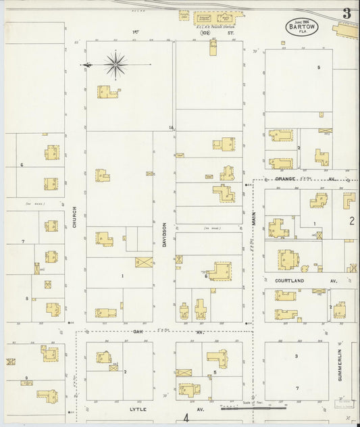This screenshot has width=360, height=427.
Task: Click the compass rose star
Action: (115, 65)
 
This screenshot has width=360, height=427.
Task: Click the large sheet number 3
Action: (346, 14)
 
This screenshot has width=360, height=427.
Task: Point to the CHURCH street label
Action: (74, 217)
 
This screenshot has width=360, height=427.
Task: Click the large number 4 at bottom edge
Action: (185, 419)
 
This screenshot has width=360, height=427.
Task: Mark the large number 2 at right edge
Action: (352, 220)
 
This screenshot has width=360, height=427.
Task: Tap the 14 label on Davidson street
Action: (172, 127)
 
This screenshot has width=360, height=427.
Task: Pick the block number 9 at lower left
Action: (26, 378)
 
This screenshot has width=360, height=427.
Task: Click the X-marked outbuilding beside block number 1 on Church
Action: (143, 262)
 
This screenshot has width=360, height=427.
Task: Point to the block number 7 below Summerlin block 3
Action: (296, 388)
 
